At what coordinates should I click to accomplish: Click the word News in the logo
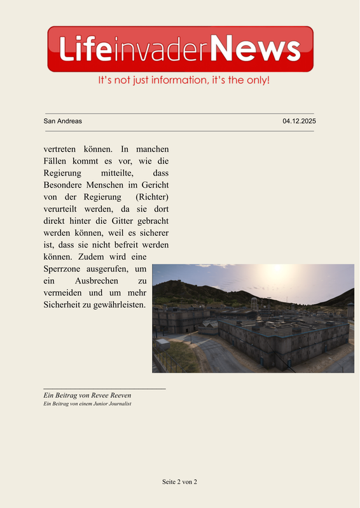255,49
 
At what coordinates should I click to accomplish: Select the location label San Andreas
62,121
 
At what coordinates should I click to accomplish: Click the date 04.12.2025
299,121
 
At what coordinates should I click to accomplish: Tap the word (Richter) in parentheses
152,196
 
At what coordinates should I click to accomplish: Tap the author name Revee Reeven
107,395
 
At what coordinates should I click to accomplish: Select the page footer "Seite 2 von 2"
179,482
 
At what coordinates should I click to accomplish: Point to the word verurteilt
63,209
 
